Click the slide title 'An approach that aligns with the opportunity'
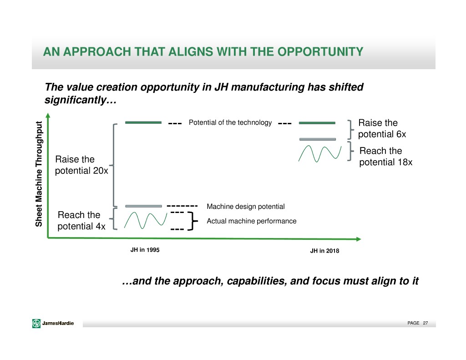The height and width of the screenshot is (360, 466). (x=203, y=52)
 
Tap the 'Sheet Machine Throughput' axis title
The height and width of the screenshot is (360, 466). (x=39, y=174)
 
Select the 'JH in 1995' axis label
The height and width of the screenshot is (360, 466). (x=145, y=250)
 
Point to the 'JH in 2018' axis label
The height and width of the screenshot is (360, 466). (x=324, y=251)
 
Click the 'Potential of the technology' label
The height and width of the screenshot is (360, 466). (x=230, y=122)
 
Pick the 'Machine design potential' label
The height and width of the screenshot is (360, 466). (x=245, y=206)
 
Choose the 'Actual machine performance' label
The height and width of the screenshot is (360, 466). (x=251, y=221)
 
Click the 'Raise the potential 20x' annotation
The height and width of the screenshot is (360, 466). (x=81, y=165)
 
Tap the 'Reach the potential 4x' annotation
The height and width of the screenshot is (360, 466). (x=81, y=221)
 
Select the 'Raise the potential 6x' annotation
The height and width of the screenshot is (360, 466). (x=382, y=128)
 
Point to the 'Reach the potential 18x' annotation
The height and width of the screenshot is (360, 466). (x=386, y=157)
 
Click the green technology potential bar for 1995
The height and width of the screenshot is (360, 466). (x=143, y=122)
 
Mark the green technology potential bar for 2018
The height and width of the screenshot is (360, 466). (x=317, y=123)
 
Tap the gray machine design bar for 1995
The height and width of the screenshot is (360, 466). (x=143, y=206)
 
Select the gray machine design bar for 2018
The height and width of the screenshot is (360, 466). (x=318, y=139)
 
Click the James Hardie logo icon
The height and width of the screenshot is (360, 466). (x=36, y=323)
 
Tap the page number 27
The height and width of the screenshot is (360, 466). (x=425, y=323)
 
